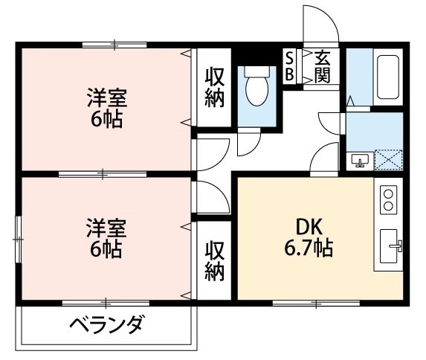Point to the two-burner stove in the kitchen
[x=389, y=199]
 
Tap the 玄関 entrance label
[x=322, y=65]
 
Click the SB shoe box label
[x=289, y=65]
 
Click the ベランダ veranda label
[x=107, y=326]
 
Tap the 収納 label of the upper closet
[x=215, y=87]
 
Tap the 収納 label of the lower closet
[x=215, y=261]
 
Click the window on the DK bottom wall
[x=315, y=302]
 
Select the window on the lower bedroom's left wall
[x=19, y=239]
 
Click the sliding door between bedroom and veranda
[x=105, y=302]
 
